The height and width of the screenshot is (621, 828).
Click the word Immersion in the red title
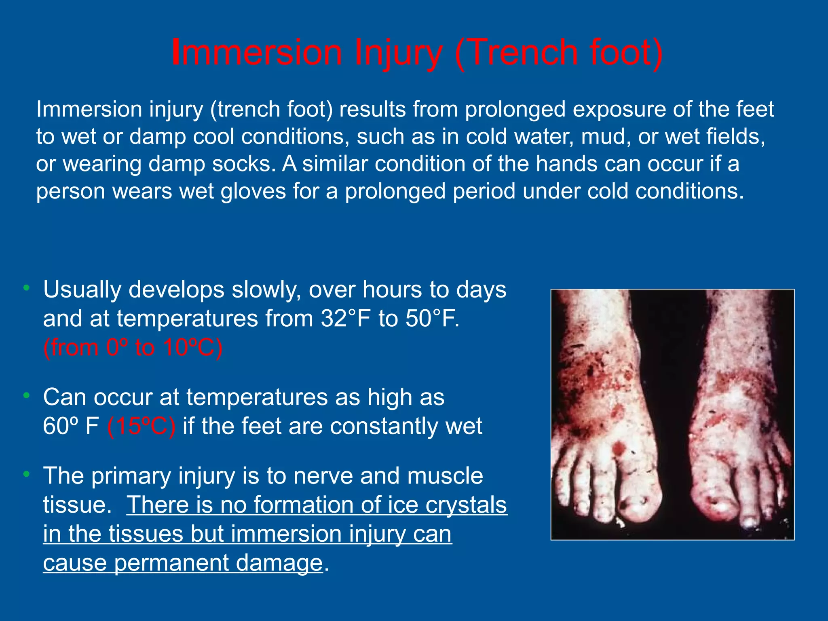point(257,53)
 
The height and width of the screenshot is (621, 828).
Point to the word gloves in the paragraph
point(253,191)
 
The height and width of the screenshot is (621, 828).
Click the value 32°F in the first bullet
point(346,319)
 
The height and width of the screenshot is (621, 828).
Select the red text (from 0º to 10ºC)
point(133,347)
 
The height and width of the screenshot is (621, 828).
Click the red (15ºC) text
point(142,426)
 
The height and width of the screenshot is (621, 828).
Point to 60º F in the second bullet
point(71,426)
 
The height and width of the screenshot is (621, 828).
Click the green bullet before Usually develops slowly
point(27,288)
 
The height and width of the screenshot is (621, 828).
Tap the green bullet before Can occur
point(27,396)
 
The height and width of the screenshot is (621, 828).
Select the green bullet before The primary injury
point(27,474)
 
